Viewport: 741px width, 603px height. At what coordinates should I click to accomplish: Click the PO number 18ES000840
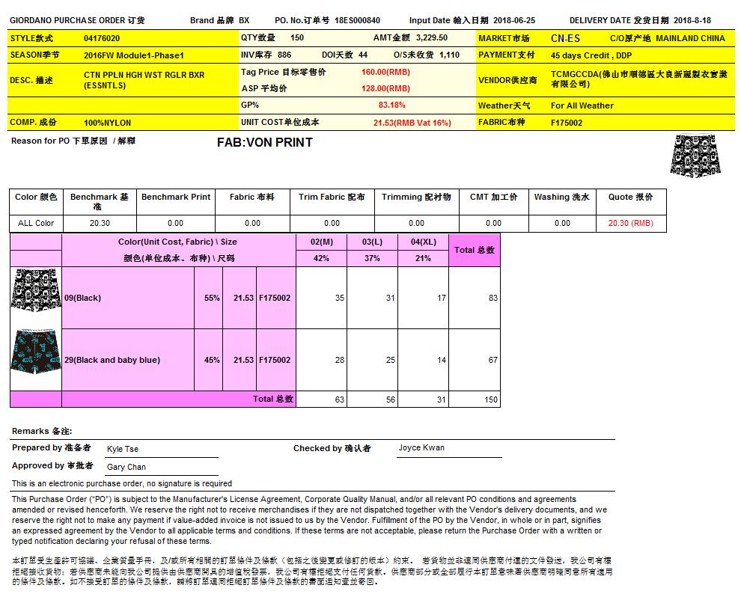pos(358,20)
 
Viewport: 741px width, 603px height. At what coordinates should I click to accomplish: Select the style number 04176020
pos(102,37)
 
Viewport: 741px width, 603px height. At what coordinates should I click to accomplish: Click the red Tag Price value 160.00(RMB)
pos(385,72)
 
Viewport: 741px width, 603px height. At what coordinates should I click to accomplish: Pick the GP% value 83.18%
pos(392,105)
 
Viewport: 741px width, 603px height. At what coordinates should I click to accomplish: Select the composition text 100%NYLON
pos(107,123)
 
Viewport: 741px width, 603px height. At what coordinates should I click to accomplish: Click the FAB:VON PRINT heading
pos(264,142)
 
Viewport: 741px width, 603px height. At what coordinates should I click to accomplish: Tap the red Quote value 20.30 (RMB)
pos(630,223)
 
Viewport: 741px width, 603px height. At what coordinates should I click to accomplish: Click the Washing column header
pos(561,197)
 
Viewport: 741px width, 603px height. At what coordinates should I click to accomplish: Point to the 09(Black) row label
pos(83,298)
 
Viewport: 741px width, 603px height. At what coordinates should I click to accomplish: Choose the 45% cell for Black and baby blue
pos(212,360)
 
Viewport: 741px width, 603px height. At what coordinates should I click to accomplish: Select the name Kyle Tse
pos(123,449)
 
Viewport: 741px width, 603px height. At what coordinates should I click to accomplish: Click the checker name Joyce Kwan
pos(421,448)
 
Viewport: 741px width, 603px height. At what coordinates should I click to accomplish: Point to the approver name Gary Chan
pos(126,467)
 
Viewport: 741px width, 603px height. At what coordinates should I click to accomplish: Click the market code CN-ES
pos(564,37)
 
